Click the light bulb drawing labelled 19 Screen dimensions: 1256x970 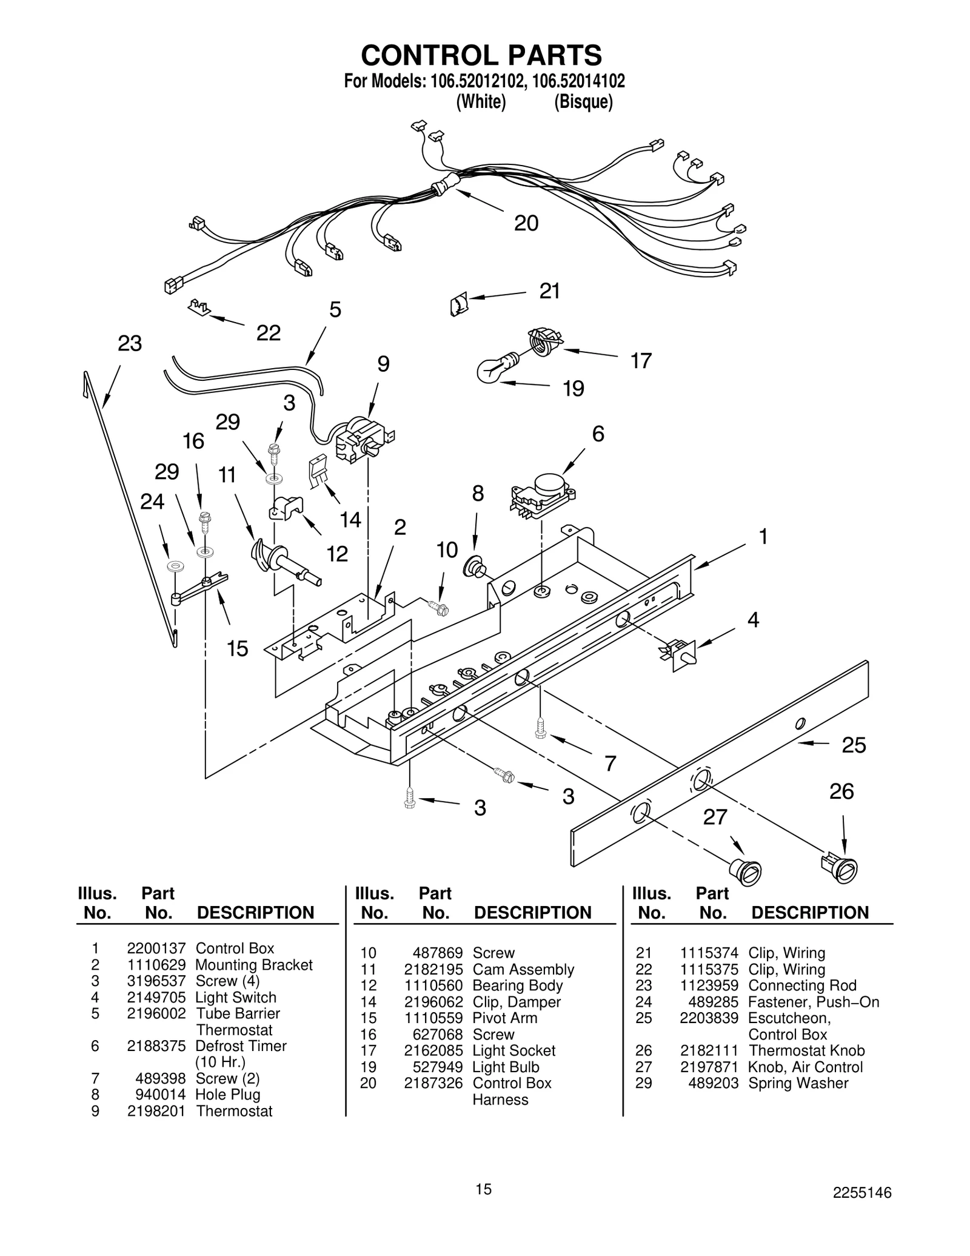tap(495, 368)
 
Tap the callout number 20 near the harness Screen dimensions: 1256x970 tap(526, 224)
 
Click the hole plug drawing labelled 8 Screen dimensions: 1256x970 tap(475, 566)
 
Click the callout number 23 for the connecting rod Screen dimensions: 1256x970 tap(129, 344)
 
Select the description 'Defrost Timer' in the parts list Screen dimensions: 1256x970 tap(241, 1046)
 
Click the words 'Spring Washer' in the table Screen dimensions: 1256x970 tap(798, 1083)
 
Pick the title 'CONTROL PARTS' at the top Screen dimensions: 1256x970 tap(481, 55)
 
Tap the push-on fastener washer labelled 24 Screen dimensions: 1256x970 tap(176, 566)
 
